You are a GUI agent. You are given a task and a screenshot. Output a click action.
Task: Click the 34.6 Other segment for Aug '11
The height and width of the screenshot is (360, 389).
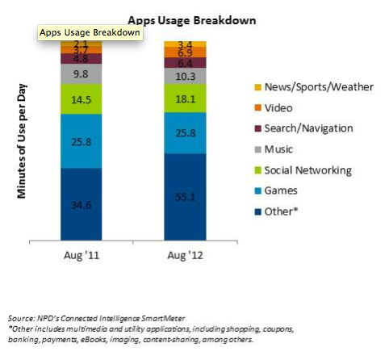[x=82, y=204]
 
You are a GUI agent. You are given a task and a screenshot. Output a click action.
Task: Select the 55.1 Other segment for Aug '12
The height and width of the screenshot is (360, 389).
[x=185, y=197]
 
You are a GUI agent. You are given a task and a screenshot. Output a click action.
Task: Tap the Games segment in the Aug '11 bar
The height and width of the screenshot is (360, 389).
[x=82, y=141]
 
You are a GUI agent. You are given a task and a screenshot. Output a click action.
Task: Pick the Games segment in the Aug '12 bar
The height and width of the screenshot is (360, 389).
[x=185, y=133]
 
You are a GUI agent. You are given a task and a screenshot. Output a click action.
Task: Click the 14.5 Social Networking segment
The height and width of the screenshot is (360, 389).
[x=82, y=99]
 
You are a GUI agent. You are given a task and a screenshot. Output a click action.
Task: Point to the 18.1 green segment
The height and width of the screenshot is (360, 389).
[x=185, y=98]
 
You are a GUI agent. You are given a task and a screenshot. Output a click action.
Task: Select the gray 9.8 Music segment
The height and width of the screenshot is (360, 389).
[x=82, y=74]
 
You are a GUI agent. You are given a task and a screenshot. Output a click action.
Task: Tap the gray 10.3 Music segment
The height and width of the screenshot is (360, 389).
[x=185, y=76]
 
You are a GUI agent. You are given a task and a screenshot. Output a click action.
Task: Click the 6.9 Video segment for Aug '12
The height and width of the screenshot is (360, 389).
[x=185, y=52]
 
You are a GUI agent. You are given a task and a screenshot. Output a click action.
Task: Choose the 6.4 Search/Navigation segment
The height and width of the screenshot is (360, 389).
[x=185, y=63]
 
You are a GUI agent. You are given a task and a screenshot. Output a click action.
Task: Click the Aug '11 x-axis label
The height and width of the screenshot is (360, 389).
[x=82, y=255]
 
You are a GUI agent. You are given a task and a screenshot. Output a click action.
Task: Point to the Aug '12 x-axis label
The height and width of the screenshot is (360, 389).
[x=185, y=255]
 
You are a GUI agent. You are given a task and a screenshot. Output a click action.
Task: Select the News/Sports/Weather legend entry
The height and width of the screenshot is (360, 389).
[x=314, y=87]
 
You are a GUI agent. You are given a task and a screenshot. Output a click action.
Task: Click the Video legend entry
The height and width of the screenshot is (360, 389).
[x=274, y=108]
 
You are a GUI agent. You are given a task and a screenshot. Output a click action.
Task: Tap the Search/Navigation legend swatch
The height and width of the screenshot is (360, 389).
[x=258, y=128]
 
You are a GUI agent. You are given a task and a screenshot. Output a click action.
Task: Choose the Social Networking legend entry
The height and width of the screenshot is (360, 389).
[x=303, y=170]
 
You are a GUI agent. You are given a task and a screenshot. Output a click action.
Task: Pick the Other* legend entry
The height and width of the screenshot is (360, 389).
[x=276, y=211]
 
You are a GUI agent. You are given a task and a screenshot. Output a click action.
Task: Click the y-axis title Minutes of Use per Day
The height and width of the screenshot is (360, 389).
[x=22, y=141]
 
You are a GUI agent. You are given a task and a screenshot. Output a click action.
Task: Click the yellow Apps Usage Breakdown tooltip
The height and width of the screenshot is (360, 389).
[x=90, y=33]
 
